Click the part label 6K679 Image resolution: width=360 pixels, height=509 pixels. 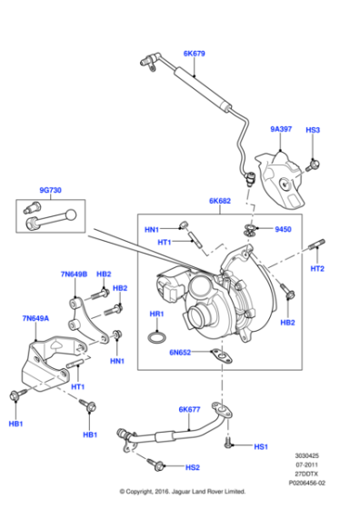(x=195, y=54)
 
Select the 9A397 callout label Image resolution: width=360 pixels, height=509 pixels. (x=283, y=130)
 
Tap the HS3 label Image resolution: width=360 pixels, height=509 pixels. (x=313, y=130)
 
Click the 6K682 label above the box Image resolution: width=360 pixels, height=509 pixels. (x=221, y=200)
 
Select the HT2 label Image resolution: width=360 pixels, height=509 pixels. (x=317, y=269)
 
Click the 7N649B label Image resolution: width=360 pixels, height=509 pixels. (x=74, y=274)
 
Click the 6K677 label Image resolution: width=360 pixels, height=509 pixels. (x=189, y=410)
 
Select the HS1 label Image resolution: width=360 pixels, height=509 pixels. (x=261, y=447)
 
